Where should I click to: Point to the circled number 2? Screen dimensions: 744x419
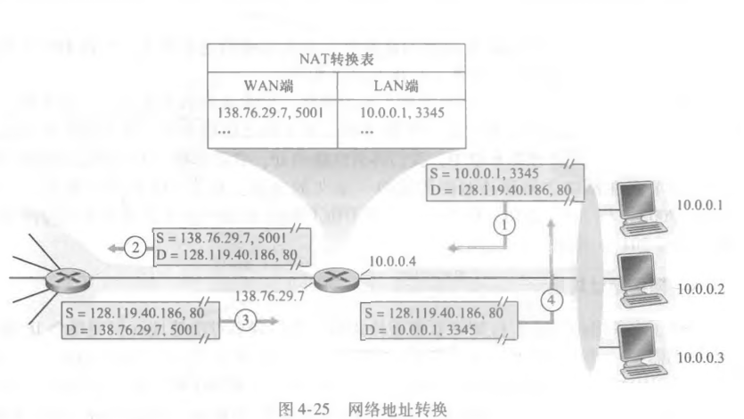click(135, 249)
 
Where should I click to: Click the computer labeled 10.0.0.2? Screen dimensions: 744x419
click(640, 277)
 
